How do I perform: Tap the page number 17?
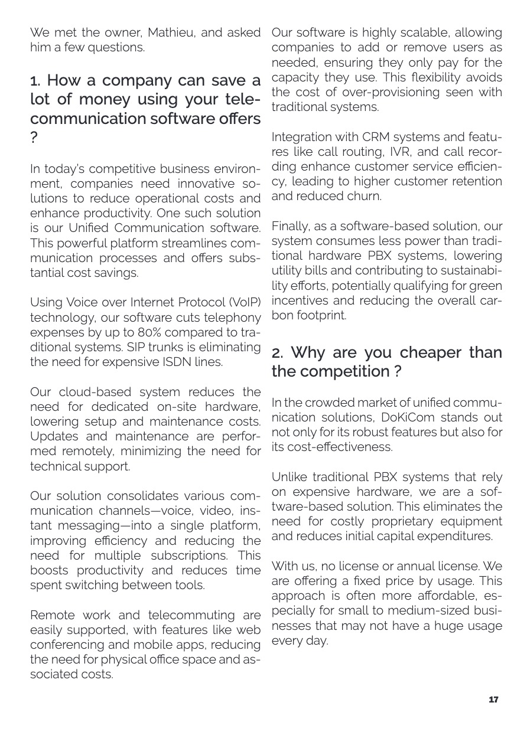(493, 700)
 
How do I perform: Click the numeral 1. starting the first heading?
(35, 81)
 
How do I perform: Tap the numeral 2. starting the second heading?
(278, 353)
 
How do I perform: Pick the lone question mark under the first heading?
(34, 138)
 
